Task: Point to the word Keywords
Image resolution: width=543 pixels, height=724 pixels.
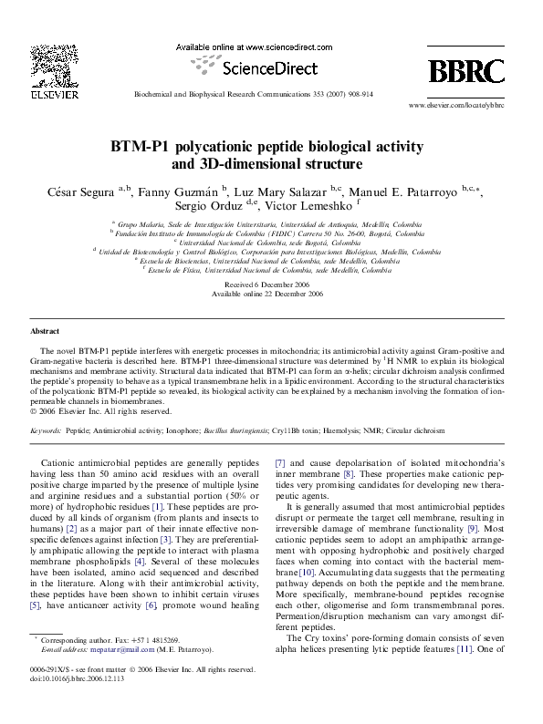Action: pyautogui.click(x=47, y=429)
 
